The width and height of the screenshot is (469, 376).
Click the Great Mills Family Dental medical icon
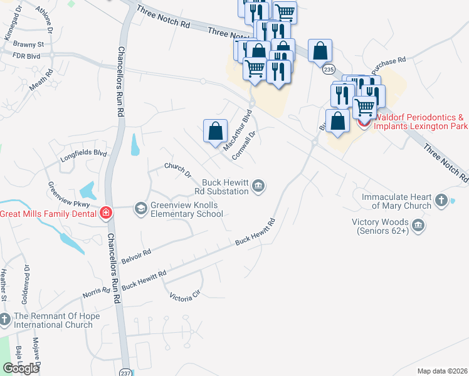[x=105, y=213]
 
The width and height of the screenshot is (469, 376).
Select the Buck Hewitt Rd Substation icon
[x=258, y=185]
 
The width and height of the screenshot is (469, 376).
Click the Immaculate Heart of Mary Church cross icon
[x=441, y=201]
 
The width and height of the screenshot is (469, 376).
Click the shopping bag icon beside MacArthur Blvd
[x=215, y=131]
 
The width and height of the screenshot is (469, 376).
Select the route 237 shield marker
[x=126, y=371]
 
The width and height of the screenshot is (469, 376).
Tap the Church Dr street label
[x=177, y=170]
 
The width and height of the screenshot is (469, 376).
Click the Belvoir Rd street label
[x=137, y=256]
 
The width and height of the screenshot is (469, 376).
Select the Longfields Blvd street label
[x=83, y=156]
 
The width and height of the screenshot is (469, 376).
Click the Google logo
[x=21, y=368]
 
